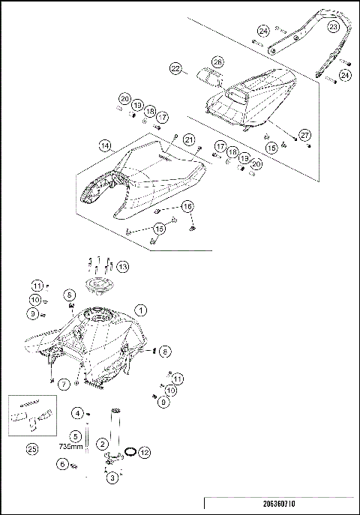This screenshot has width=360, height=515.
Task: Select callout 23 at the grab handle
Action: [334, 26]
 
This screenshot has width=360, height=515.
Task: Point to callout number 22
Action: [176, 68]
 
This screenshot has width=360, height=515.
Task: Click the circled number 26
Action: [217, 61]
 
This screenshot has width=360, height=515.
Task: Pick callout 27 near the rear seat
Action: [304, 134]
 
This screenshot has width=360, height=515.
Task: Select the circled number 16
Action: [187, 206]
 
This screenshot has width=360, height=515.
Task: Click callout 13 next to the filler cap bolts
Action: [122, 265]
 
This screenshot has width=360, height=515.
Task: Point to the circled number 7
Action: [64, 383]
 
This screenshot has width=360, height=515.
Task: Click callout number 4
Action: [78, 413]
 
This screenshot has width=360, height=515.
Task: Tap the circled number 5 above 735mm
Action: [76, 435]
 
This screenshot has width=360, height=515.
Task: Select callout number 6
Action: [62, 465]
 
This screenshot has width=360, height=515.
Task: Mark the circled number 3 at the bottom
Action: [112, 478]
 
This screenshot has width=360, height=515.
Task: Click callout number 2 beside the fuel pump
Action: [102, 444]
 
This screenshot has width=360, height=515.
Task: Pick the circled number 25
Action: [31, 449]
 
